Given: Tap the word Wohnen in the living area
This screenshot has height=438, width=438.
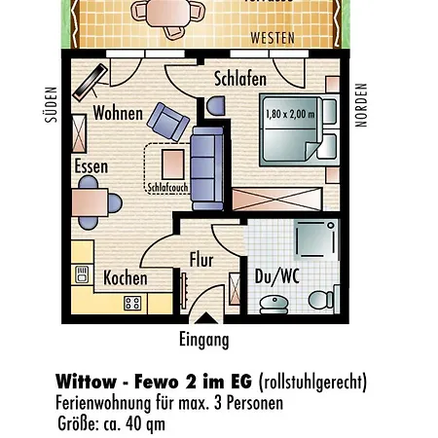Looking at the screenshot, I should pos(117,113).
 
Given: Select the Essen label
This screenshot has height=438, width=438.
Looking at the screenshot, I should pos(91,166).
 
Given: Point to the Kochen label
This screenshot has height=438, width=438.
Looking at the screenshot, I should pos(126,278).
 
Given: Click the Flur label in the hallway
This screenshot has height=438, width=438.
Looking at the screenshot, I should pos(201,260).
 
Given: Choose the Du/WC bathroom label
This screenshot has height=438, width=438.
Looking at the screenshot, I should pos(275,276).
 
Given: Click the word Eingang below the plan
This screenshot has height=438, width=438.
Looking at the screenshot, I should pos(204,340).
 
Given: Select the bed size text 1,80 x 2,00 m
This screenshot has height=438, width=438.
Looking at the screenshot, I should pos(290,115).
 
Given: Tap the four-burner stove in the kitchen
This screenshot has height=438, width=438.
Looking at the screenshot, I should pos(131,303).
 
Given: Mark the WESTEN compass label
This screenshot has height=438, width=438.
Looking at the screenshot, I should pos(274,39).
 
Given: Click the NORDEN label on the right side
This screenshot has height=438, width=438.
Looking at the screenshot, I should pos(361,104).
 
